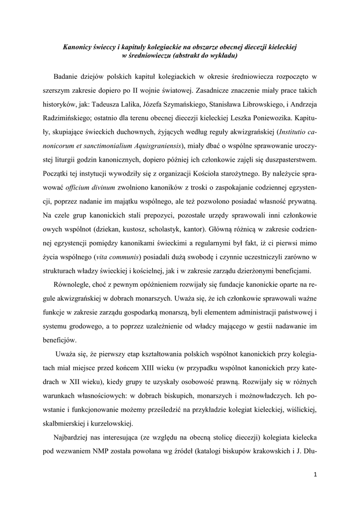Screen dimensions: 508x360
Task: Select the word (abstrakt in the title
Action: click(189, 56)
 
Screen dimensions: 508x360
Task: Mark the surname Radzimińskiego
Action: click(70, 119)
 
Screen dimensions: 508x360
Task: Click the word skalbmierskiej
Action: click(66, 423)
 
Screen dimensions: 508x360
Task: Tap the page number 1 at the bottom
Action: click(315, 474)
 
